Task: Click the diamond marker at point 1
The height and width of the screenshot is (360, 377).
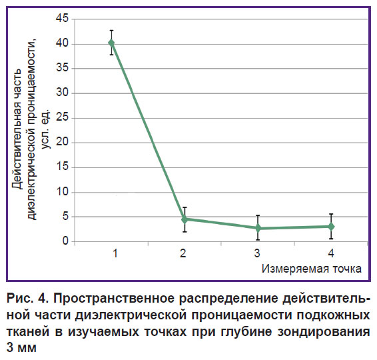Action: tap(111, 43)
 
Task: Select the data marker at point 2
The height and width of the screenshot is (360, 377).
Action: tap(185, 219)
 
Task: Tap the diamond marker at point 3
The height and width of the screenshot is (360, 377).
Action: tap(258, 227)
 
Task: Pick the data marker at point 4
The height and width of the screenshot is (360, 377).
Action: tap(331, 227)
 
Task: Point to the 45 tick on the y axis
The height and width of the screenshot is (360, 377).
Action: tap(62, 18)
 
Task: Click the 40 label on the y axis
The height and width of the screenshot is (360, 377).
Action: tap(62, 43)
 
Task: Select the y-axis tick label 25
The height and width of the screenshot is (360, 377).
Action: tap(62, 118)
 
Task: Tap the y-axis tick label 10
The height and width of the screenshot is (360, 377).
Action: tap(62, 192)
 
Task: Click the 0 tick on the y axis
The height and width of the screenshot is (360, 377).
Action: tap(65, 241)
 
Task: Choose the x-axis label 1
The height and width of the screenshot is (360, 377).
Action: tap(115, 253)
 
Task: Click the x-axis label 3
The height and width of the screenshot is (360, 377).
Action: tap(257, 253)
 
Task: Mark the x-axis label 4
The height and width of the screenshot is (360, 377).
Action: tap(331, 253)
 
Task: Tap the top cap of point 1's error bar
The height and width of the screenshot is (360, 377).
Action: tap(111, 30)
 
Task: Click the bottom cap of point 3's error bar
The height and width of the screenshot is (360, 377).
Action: tap(258, 240)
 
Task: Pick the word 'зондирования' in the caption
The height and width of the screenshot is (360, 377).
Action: tap(324, 332)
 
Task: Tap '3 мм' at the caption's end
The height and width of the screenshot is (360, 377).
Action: tap(21, 348)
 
